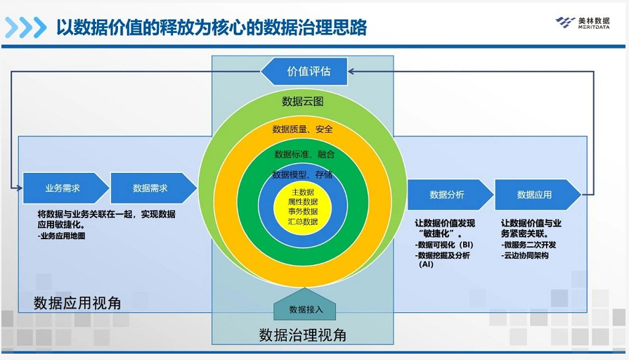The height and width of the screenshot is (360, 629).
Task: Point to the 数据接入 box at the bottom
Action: (x=305, y=309)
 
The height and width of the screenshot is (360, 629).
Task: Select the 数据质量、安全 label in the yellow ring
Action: (x=303, y=129)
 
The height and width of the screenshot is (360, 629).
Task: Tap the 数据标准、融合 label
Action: (x=304, y=153)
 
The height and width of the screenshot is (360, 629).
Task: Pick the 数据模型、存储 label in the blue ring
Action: (x=303, y=174)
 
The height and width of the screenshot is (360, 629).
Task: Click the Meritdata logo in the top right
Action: (x=583, y=22)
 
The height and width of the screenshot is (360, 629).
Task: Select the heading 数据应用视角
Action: (x=77, y=303)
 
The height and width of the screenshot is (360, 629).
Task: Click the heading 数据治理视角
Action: (x=302, y=334)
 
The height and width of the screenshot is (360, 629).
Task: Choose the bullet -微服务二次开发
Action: (x=529, y=244)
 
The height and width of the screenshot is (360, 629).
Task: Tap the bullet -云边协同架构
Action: (x=525, y=255)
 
